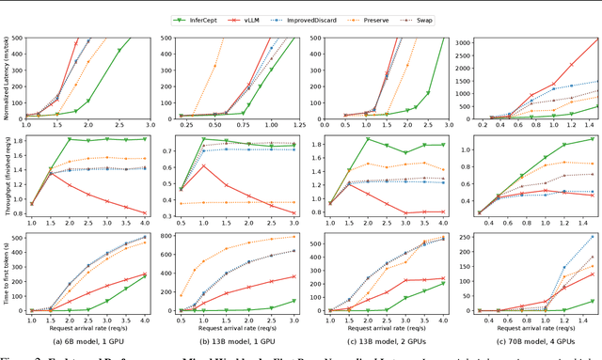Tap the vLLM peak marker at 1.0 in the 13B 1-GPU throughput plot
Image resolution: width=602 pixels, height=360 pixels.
(x=204, y=165)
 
